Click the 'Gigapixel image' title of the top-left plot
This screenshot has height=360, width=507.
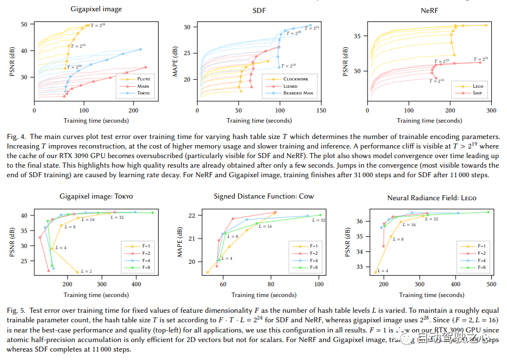(96, 10)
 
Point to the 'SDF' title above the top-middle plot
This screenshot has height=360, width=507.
(259, 11)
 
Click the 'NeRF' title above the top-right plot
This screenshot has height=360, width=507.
(430, 11)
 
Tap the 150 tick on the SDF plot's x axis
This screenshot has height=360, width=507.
(321, 111)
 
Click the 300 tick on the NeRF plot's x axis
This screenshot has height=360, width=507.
(490, 111)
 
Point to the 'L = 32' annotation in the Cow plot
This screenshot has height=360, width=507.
(318, 220)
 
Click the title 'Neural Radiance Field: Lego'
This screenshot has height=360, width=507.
(429, 197)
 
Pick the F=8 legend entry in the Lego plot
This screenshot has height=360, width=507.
(483, 268)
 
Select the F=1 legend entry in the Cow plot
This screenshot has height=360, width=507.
(313, 246)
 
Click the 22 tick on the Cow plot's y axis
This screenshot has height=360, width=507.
(191, 215)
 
